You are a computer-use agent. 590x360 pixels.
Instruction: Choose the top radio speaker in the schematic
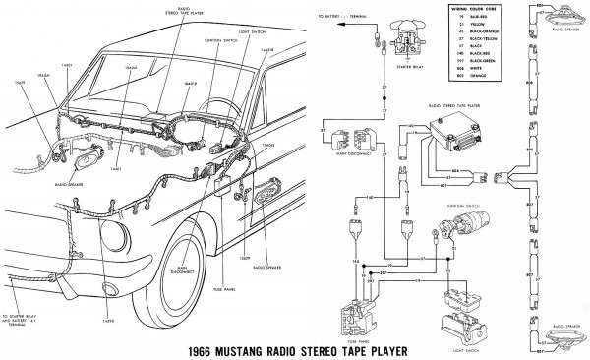(x=566, y=20)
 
